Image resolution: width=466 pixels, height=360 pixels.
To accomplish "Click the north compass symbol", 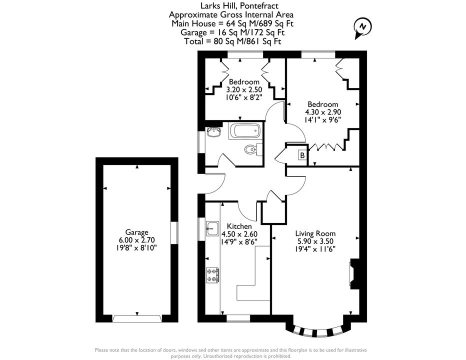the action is click(x=362, y=27).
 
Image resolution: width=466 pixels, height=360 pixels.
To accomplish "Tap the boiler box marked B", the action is click(x=302, y=155).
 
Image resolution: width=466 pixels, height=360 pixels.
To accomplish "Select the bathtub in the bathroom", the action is click(x=245, y=131).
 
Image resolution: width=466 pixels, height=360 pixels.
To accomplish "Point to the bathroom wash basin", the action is click(x=213, y=131).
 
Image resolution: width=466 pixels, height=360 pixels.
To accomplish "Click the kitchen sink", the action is click(x=212, y=228).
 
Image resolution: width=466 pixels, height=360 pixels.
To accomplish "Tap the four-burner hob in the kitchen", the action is click(x=213, y=275).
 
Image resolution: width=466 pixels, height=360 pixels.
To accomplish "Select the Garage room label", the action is click(x=136, y=232).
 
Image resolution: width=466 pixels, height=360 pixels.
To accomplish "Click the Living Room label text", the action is click(x=315, y=233).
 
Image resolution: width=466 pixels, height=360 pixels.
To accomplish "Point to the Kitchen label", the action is click(x=239, y=226).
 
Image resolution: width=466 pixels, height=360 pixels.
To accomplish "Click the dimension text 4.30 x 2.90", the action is click(x=323, y=112).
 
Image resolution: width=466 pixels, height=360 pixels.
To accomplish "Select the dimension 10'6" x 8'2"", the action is click(x=244, y=97).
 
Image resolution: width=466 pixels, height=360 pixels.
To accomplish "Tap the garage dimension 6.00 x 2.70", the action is click(x=136, y=239).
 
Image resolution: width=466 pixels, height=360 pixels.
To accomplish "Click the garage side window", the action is click(x=174, y=233).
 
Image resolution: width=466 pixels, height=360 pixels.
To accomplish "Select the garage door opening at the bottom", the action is click(x=137, y=318).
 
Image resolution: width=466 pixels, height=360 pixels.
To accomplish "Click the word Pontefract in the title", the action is click(x=259, y=5).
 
